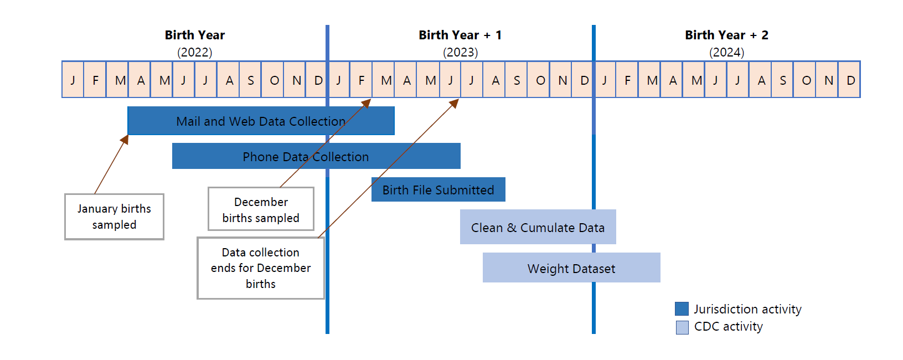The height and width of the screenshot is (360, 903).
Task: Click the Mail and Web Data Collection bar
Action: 261,121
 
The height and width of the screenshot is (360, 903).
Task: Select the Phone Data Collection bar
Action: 316,156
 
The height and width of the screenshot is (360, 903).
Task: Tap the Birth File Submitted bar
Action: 438,190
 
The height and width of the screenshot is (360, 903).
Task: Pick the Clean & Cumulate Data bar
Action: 538,227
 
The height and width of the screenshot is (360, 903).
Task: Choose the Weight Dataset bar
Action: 571,268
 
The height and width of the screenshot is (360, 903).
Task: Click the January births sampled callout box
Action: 114,217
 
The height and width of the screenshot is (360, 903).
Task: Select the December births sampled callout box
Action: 261,209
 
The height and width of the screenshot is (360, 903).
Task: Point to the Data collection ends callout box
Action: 261,268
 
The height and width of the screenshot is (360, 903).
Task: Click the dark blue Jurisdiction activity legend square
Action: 682,308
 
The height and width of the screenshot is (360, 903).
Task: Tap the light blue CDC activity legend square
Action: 682,327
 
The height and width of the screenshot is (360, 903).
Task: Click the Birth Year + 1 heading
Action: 460,35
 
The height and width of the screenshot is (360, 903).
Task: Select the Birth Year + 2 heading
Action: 726,35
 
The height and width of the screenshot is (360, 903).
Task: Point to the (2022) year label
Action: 195,52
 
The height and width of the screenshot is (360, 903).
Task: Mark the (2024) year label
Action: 726,52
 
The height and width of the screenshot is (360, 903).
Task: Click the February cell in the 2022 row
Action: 95,80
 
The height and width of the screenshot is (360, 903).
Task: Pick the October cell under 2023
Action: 540,80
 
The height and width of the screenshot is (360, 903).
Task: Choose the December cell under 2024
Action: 850,80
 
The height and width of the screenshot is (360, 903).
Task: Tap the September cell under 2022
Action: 251,80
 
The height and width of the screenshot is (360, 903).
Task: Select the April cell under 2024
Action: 672,80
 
